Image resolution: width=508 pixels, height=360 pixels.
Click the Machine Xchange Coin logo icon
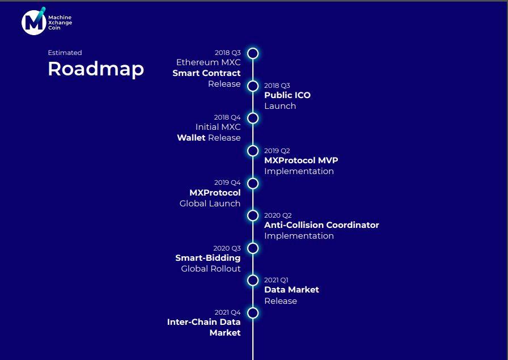pyautogui.click(x=33, y=22)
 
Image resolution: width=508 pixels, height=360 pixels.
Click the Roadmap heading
pyautogui.click(x=95, y=69)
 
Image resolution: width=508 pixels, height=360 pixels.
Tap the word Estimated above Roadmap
pyautogui.click(x=65, y=53)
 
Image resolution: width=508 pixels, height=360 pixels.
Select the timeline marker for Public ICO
pyautogui.click(x=253, y=86)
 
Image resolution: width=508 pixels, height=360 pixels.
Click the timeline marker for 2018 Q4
pyautogui.click(x=253, y=118)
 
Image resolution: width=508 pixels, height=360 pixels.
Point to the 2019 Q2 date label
pyautogui.click(x=277, y=151)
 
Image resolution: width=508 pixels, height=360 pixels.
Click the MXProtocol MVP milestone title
pyautogui.click(x=301, y=160)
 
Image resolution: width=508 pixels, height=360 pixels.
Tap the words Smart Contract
pyautogui.click(x=206, y=73)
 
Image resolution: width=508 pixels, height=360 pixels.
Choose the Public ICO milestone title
pyautogui.click(x=287, y=95)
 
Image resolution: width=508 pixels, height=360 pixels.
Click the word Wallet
pyautogui.click(x=191, y=138)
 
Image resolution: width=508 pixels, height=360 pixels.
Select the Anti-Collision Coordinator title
pyautogui.click(x=321, y=225)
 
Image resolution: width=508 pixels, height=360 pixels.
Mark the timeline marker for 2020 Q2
pyautogui.click(x=253, y=215)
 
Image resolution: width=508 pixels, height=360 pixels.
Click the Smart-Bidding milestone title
pyautogui.click(x=208, y=258)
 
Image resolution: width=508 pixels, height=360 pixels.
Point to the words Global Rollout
pyautogui.click(x=211, y=269)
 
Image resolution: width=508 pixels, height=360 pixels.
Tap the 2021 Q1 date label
pyautogui.click(x=276, y=280)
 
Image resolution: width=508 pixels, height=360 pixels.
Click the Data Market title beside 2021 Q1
pyautogui.click(x=291, y=290)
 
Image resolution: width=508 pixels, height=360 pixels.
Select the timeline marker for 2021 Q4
pyautogui.click(x=253, y=313)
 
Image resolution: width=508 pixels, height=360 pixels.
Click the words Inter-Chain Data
pyautogui.click(x=204, y=322)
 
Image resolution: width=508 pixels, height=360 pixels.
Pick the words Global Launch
pyautogui.click(x=210, y=204)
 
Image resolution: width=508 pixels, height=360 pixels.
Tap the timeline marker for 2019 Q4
pyautogui.click(x=253, y=183)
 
